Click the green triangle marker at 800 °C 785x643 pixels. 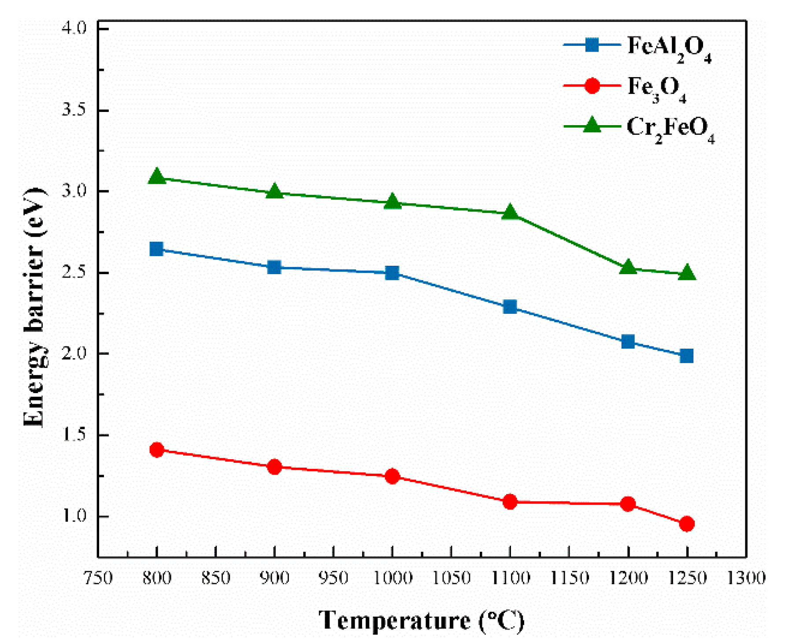click(156, 177)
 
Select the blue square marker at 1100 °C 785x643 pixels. click(510, 307)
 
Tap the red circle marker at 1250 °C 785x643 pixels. click(686, 524)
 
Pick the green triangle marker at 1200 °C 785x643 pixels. click(628, 268)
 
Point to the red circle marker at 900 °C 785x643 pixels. click(274, 467)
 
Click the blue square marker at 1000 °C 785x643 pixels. click(392, 273)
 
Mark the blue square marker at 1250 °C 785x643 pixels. click(686, 356)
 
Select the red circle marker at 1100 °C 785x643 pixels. click(510, 502)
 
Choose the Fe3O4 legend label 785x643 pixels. click(656, 89)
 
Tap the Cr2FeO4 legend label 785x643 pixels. click(670, 129)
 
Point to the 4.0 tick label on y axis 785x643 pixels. click(74, 28)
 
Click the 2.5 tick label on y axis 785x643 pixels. click(74, 272)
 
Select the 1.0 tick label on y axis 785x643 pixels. click(74, 516)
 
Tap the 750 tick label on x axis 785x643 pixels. click(98, 578)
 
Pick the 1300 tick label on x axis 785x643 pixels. click(746, 578)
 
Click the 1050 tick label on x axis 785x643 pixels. click(451, 578)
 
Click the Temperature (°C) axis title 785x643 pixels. click(421, 621)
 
